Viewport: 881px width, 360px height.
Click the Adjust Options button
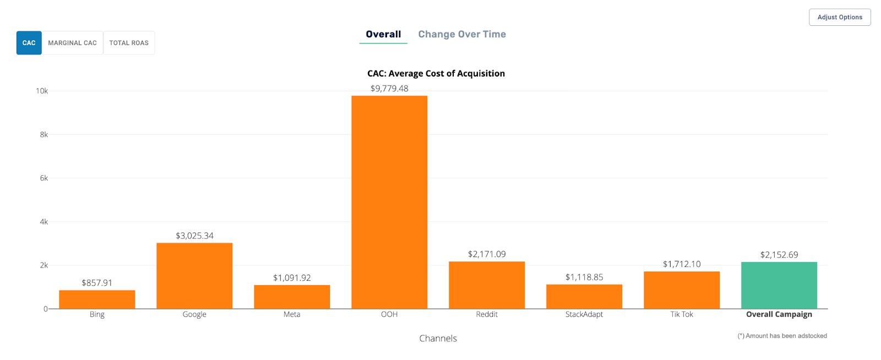click(840, 17)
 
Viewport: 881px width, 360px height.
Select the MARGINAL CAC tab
click(72, 43)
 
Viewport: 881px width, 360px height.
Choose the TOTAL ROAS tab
click(129, 43)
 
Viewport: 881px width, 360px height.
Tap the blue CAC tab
click(29, 43)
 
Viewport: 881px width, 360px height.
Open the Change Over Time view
click(462, 34)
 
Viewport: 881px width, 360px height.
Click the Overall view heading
click(383, 34)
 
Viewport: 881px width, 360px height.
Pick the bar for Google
click(194, 275)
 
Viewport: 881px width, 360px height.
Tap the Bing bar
click(97, 299)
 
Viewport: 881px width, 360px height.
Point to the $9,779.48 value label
click(389, 89)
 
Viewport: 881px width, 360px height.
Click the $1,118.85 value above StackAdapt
click(584, 277)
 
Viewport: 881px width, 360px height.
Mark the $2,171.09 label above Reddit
click(487, 254)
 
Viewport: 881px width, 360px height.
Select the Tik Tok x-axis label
click(682, 314)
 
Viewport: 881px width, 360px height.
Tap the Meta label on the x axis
click(292, 314)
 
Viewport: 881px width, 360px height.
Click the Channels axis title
click(438, 338)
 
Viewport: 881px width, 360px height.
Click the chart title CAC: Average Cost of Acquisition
click(436, 74)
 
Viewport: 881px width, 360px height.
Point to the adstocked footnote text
click(782, 336)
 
